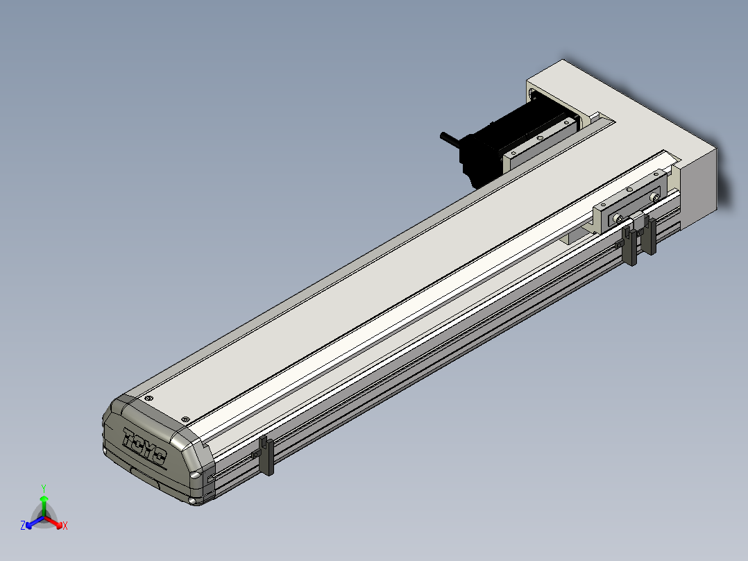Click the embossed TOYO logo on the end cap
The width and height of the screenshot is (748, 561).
coord(144,446)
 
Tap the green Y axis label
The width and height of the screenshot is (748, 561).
coord(44,488)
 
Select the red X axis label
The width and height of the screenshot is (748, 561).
coord(65,526)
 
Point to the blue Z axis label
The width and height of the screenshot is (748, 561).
coord(23,526)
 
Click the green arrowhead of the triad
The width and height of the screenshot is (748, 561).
coord(44,499)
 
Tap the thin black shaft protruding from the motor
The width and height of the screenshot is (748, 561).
coord(450,138)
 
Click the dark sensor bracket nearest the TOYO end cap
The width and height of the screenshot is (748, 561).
coord(266,456)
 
